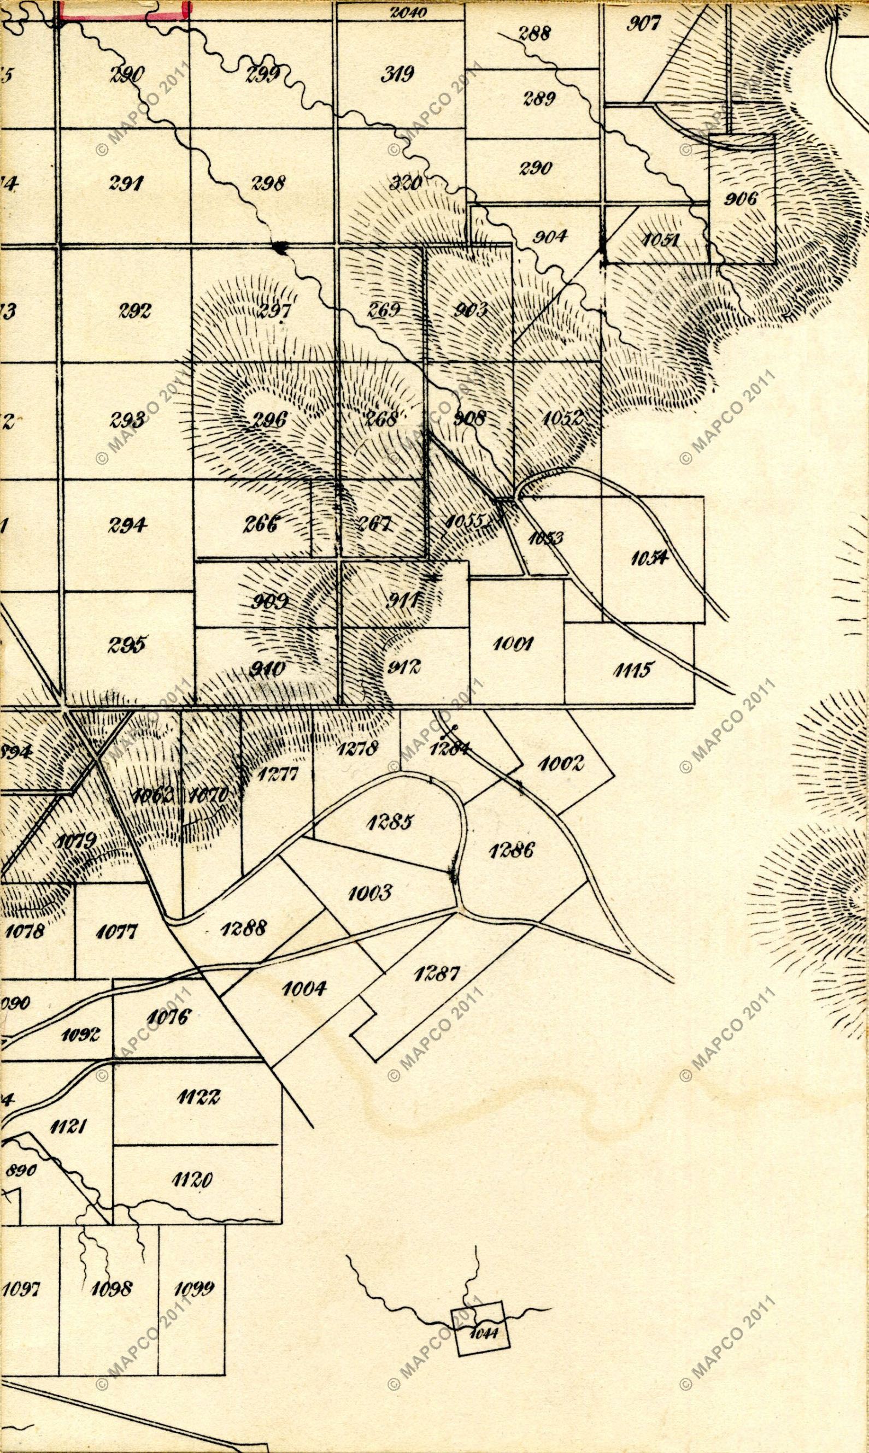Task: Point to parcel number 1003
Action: (x=369, y=893)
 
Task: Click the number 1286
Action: (x=511, y=850)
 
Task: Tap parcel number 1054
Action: (x=649, y=558)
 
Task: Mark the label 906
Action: (x=741, y=199)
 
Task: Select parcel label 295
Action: (x=126, y=645)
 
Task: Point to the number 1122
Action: (x=198, y=1097)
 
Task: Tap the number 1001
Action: (x=513, y=643)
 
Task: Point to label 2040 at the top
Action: (x=408, y=11)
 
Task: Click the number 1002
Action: (x=560, y=764)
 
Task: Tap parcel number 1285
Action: (x=390, y=822)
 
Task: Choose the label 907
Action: (x=644, y=23)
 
